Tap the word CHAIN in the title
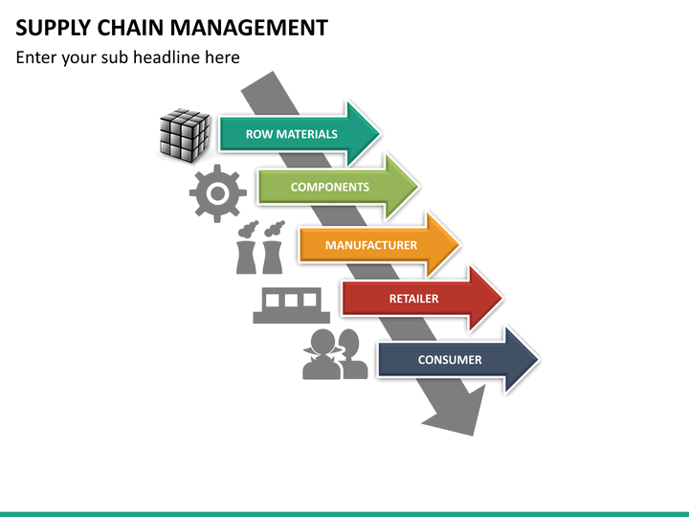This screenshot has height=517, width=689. tap(130, 28)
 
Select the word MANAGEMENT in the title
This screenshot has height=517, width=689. tap(249, 28)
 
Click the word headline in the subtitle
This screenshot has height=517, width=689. tap(167, 57)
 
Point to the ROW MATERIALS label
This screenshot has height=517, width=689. tap(291, 134)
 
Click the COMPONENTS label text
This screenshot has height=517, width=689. tap(330, 188)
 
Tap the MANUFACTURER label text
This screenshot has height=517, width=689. tap(371, 245)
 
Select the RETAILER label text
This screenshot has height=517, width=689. tap(414, 299)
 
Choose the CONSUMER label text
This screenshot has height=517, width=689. tap(450, 360)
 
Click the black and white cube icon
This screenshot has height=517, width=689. tap(185, 135)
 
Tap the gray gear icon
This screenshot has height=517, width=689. tap(217, 193)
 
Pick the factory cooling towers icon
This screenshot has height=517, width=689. tap(260, 248)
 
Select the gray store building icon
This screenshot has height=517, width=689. tap(291, 305)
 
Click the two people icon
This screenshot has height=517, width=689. tap(335, 354)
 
